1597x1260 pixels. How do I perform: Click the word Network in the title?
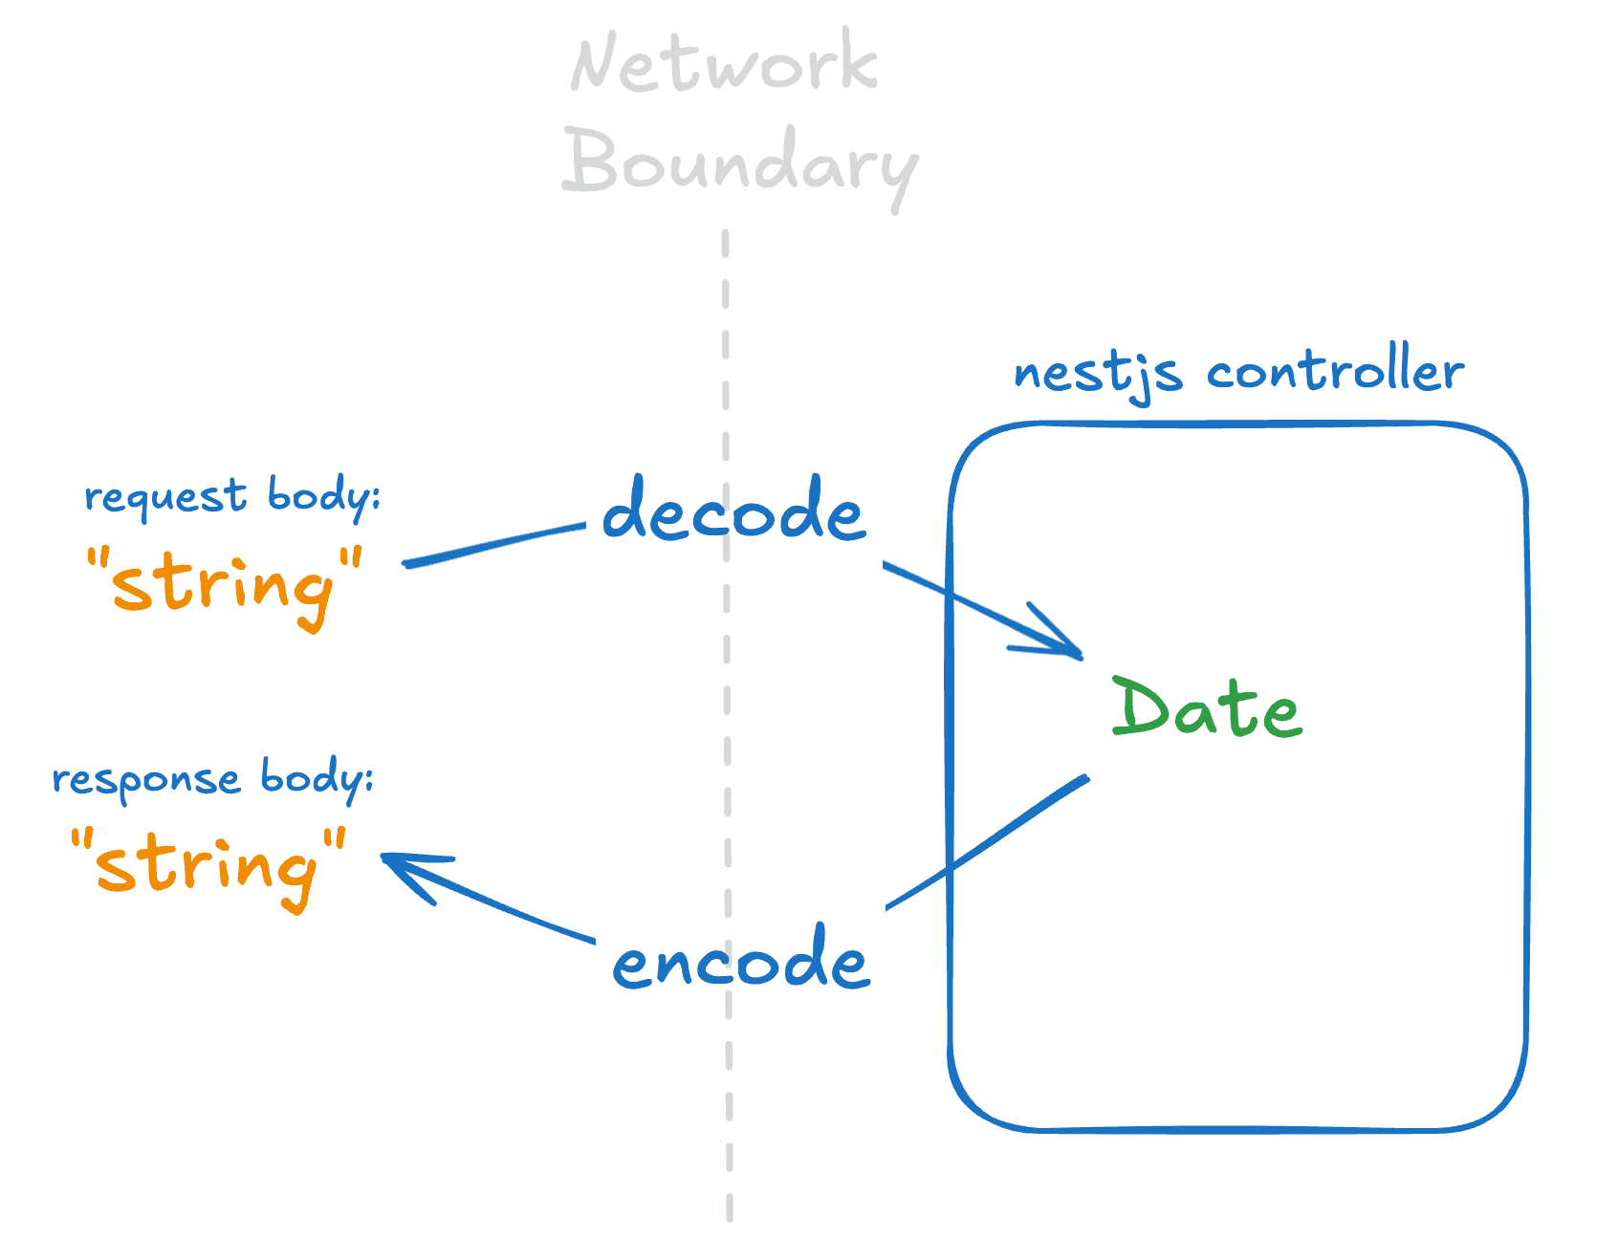[724, 63]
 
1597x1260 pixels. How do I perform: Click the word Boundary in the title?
[739, 164]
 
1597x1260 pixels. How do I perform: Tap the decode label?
[733, 511]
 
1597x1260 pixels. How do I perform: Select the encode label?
[740, 959]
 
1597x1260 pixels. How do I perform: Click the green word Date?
[1206, 708]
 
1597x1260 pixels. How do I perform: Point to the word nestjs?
[1097, 374]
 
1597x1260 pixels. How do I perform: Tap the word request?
[165, 497]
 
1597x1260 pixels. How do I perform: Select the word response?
[145, 780]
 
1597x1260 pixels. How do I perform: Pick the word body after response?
[315, 778]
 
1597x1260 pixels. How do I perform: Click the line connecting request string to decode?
[492, 544]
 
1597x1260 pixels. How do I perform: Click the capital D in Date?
[1142, 706]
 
